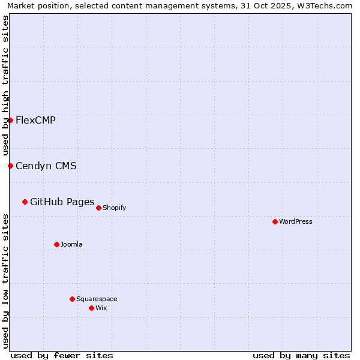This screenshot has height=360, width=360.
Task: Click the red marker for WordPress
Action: click(275, 221)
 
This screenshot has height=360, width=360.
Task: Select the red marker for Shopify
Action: click(98, 208)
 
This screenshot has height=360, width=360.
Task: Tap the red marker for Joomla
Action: click(56, 244)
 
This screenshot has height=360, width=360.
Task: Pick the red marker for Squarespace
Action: click(72, 299)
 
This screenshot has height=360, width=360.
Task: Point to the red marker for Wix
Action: click(91, 308)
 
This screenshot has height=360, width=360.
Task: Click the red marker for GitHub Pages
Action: click(25, 202)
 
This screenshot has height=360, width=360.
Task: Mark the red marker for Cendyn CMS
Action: click(10, 166)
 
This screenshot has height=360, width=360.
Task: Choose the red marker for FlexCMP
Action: click(10, 120)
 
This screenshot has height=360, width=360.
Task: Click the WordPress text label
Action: click(296, 221)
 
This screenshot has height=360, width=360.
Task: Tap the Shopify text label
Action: click(114, 208)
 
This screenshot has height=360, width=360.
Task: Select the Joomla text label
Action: click(71, 244)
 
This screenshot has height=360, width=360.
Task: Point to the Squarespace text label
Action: click(97, 299)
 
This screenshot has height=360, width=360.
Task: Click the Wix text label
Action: click(101, 308)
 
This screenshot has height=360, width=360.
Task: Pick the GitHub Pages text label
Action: click(62, 202)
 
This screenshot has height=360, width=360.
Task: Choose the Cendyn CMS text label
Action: click(46, 166)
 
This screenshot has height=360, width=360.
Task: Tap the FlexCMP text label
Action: click(35, 120)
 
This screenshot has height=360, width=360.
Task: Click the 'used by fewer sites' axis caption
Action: click(62, 355)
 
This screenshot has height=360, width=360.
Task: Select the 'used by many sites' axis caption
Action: click(301, 355)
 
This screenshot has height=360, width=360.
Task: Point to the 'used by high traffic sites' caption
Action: click(5, 86)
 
